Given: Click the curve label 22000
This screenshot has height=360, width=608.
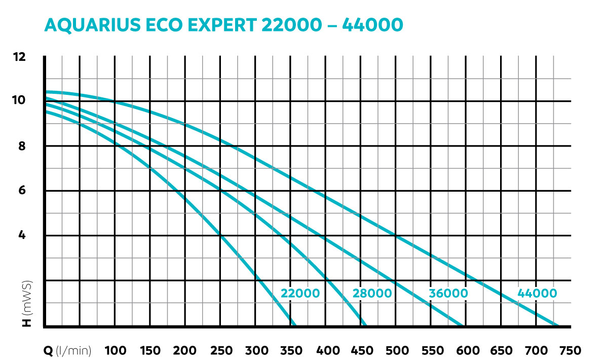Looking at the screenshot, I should click(300, 294).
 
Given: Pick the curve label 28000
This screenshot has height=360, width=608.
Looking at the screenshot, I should click(372, 294).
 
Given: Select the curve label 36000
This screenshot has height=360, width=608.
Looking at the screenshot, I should click(448, 294).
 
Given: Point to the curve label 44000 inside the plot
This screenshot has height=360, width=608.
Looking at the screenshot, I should click(537, 294).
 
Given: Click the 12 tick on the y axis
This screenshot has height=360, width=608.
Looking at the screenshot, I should click(19, 56).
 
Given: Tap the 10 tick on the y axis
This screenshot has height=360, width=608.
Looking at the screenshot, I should click(19, 100).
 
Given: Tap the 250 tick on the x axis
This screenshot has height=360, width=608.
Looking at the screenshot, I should click(220, 351).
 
